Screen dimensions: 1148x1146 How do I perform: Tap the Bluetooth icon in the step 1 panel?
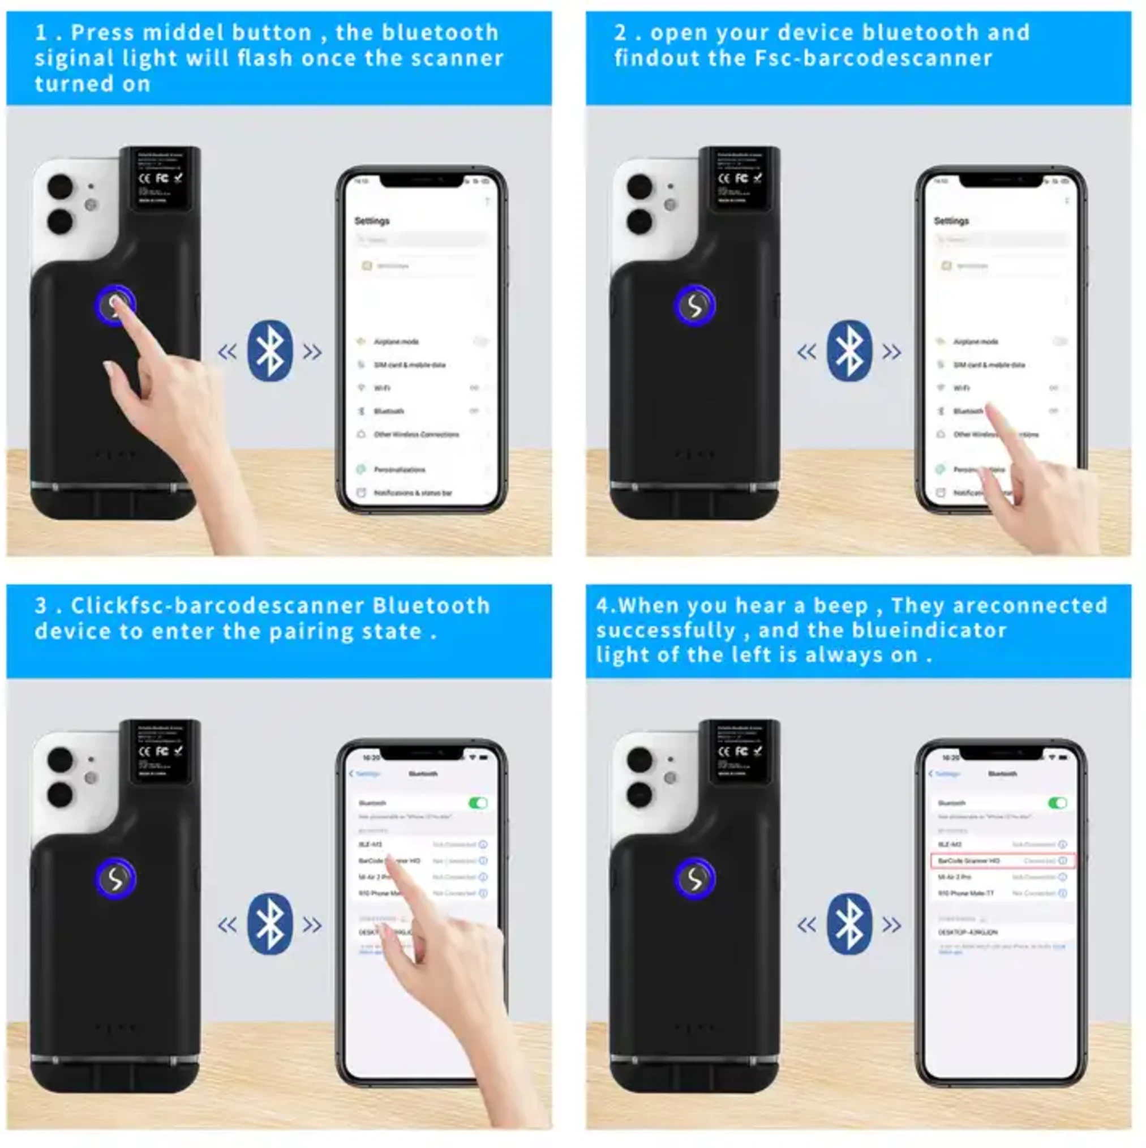[270, 351]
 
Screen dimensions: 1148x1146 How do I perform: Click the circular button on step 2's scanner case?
[694, 306]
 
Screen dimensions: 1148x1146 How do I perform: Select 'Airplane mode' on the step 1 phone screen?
[396, 342]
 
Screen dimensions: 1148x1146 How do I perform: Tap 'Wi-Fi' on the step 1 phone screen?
[382, 388]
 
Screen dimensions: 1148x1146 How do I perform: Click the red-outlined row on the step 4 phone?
[1002, 860]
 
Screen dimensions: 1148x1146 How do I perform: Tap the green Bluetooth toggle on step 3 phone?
[478, 803]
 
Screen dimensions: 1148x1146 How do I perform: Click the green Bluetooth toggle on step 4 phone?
[1057, 803]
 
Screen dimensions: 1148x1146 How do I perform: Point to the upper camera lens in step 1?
[60, 186]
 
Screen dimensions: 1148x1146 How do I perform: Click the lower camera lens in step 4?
[639, 794]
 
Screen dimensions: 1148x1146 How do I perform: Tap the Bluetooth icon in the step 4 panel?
[849, 924]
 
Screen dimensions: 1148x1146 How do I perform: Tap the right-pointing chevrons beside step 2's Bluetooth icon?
[892, 352]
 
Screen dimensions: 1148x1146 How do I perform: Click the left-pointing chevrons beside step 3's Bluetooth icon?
[227, 925]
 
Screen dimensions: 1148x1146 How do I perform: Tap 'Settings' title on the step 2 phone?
[951, 221]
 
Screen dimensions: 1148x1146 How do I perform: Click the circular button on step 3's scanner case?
[115, 879]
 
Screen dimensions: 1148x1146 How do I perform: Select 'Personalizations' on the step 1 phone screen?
[398, 469]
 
